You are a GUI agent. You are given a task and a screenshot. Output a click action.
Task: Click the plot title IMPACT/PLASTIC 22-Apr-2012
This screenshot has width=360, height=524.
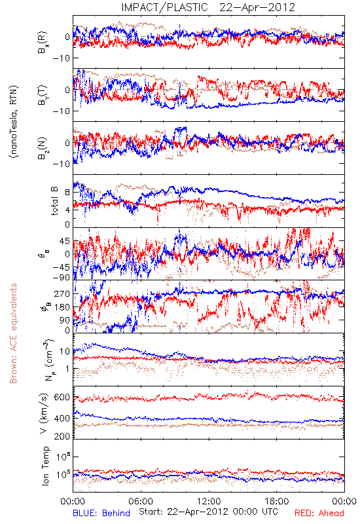(x=208, y=7)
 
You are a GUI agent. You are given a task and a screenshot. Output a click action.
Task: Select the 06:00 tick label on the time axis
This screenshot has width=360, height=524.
(x=141, y=501)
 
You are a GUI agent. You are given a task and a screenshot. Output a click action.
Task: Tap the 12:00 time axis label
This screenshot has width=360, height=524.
(x=209, y=501)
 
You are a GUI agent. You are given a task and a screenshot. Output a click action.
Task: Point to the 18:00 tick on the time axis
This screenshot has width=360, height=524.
(x=277, y=501)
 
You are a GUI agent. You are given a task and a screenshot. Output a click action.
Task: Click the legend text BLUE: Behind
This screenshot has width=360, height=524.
(x=101, y=513)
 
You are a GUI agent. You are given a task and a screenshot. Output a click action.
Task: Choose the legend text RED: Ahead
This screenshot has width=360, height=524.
(x=319, y=513)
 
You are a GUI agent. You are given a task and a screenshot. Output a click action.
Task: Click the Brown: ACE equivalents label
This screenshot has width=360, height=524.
(x=13, y=333)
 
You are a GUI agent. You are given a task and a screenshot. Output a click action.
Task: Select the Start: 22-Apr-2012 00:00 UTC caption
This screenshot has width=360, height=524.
(x=208, y=512)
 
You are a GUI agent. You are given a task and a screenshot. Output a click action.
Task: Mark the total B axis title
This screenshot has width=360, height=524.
(x=54, y=201)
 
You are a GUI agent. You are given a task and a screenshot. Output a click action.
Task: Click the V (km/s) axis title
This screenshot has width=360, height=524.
(x=44, y=413)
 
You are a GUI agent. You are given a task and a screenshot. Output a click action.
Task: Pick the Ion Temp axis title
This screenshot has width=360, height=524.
(x=45, y=466)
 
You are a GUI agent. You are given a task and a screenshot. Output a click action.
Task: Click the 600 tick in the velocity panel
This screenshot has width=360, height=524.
(x=62, y=398)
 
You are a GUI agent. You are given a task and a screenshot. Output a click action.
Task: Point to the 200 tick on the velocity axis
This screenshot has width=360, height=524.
(x=62, y=436)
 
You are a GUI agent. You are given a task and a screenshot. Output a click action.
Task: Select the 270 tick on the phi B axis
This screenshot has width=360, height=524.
(x=62, y=293)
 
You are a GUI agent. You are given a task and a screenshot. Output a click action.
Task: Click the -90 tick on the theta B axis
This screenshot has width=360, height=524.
(x=61, y=277)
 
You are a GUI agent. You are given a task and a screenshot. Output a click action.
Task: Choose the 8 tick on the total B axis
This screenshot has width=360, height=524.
(x=67, y=193)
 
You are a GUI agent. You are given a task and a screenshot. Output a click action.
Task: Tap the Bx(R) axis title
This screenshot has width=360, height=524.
(x=43, y=43)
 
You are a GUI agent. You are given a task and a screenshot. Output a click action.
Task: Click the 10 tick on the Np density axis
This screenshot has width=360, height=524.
(x=65, y=351)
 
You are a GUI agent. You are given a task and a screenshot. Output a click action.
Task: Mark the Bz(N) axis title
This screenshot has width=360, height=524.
(x=43, y=148)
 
